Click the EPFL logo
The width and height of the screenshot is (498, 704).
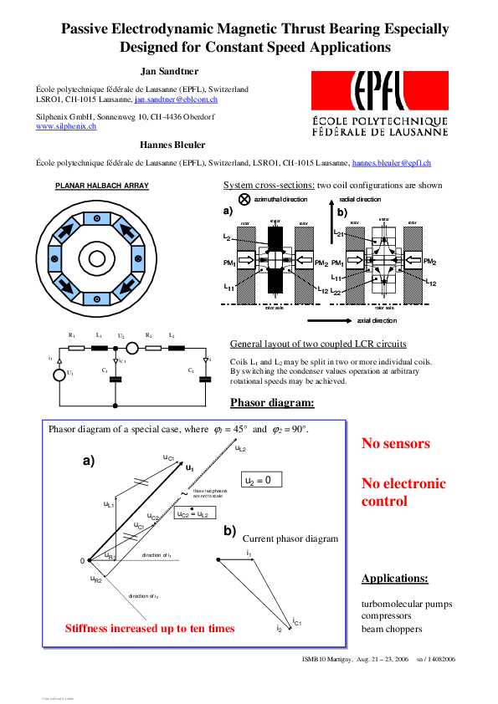[x=379, y=103]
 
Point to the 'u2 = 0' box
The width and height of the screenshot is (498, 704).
[x=260, y=480]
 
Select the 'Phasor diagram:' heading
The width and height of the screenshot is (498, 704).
[x=272, y=403]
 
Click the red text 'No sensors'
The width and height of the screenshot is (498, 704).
[x=396, y=444]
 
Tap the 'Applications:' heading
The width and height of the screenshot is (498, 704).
[x=394, y=579]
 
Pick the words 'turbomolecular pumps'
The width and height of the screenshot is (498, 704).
[x=406, y=604]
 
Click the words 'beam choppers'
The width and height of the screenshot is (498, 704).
[x=392, y=629]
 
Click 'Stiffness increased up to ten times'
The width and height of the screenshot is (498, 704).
[x=150, y=628]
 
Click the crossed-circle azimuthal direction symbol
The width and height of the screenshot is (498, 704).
[x=244, y=200]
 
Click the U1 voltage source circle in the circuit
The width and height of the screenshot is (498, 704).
[x=59, y=373]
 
